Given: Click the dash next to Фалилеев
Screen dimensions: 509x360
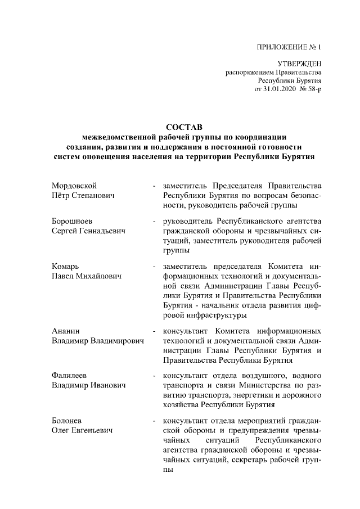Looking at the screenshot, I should (154, 375).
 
